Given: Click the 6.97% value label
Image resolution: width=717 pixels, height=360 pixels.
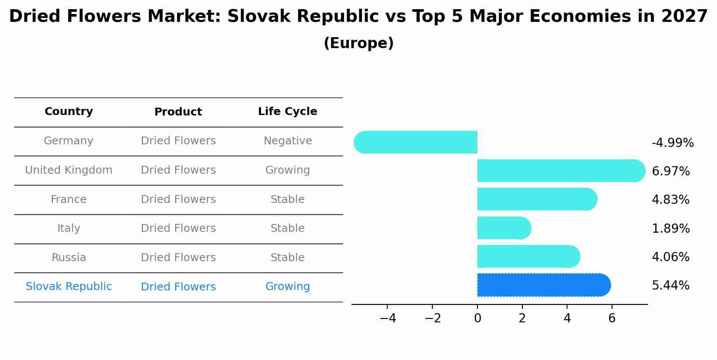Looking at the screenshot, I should click(670, 171).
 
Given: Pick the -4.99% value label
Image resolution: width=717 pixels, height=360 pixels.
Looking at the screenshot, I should click(672, 143).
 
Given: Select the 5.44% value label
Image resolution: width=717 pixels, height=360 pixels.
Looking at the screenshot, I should click(670, 286).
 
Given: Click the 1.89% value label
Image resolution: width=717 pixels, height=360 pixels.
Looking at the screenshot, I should click(670, 229).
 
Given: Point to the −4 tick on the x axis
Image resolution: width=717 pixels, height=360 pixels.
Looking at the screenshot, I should click(388, 318).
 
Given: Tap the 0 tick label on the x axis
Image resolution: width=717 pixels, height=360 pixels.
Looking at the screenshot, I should click(477, 318).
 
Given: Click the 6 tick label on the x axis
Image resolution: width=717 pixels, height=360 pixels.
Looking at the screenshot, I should click(612, 318).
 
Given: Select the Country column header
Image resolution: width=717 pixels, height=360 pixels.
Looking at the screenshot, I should click(69, 112).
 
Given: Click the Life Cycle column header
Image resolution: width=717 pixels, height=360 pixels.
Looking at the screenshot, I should click(287, 112).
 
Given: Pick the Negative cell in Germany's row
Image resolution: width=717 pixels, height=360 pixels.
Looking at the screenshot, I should click(287, 141).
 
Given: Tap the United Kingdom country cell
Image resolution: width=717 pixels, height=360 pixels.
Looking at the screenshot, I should click(69, 170).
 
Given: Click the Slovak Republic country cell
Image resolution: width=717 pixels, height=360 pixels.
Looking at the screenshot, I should click(69, 287).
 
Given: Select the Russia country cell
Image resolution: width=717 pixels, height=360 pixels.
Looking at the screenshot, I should click(69, 258).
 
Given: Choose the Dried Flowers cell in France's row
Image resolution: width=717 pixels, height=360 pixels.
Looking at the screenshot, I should click(178, 199).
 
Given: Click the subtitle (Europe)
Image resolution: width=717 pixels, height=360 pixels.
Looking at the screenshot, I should click(358, 43).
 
